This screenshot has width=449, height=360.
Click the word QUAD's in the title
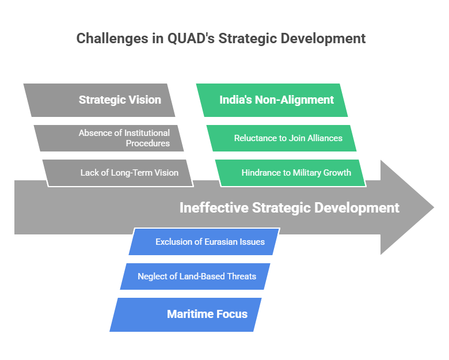191,39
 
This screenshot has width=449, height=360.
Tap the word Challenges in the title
112,39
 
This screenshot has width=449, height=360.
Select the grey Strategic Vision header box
100,100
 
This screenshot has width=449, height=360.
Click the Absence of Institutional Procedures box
109,138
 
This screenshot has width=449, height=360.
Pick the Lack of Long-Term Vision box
118,173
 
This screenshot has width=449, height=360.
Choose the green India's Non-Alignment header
272,100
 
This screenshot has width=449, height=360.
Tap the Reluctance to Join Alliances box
281,138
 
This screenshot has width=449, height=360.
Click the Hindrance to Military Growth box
291,173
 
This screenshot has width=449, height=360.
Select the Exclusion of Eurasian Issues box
204,241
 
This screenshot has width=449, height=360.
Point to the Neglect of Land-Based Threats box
195,276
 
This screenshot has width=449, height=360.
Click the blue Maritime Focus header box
185,314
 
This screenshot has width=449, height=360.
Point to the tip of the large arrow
434,207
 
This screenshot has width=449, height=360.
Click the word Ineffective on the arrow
214,207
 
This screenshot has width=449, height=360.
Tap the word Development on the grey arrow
357,208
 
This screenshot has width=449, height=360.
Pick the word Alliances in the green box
325,138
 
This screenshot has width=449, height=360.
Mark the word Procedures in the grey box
148,143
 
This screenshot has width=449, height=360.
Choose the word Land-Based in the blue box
201,276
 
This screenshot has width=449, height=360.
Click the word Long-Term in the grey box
131,173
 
